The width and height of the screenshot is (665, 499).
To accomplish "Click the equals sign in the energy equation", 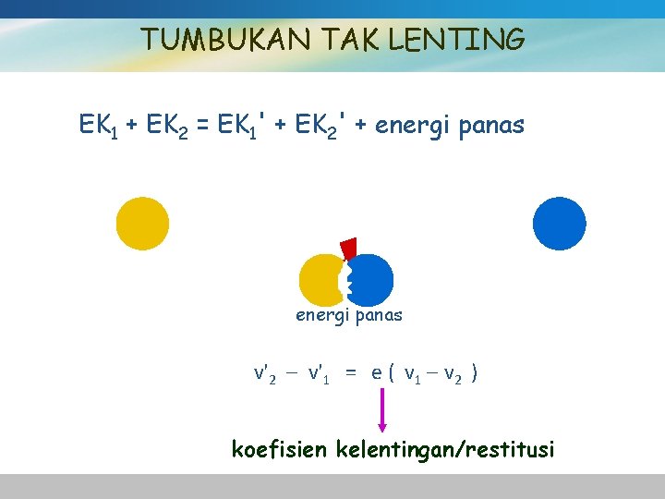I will tap(202, 126).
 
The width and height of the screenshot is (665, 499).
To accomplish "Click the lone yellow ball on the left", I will tap(142, 223).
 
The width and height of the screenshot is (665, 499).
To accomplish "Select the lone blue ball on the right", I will tap(560, 223).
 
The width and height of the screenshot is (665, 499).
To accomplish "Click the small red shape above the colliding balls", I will tap(349, 248).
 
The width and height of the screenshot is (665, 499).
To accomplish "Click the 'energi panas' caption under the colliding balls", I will tap(349, 315).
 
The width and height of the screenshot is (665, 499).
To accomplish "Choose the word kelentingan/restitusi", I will tap(446, 450).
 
